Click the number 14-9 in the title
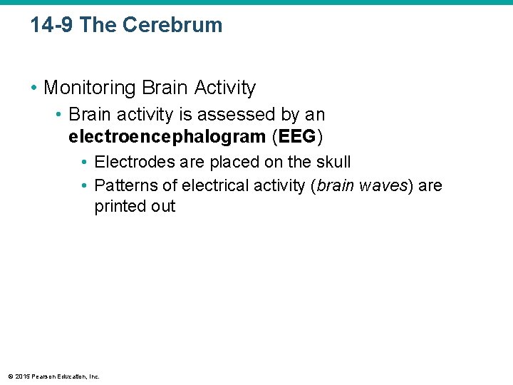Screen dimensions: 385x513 point(52,25)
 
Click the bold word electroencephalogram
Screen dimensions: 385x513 point(167,136)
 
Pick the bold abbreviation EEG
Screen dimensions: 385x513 point(299,136)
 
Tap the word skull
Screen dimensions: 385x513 point(332,163)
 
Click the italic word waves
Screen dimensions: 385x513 point(383,186)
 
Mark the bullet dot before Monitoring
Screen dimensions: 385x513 point(33,88)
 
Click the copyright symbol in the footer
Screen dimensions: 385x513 point(9,376)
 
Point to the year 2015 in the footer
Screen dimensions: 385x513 point(21,376)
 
